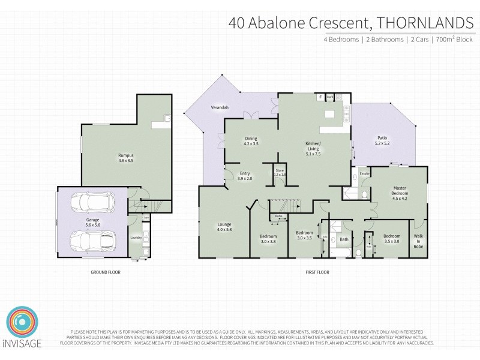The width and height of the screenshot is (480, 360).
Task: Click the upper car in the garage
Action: pyautogui.click(x=92, y=203)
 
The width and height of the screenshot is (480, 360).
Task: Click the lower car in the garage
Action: pyautogui.click(x=92, y=241)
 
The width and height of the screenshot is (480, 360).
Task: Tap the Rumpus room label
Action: pyautogui.click(x=125, y=158)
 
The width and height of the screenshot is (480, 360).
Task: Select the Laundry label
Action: pyautogui.click(x=136, y=238)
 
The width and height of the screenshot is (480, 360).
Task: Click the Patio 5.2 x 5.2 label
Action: pyautogui.click(x=382, y=140)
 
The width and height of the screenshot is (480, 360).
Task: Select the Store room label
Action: pyautogui.click(x=280, y=172)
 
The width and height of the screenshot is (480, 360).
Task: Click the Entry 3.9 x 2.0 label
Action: pyautogui.click(x=228, y=176)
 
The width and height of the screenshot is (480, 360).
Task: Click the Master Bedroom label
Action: pyautogui.click(x=400, y=193)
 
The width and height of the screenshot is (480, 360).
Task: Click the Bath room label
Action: pyautogui.click(x=344, y=239)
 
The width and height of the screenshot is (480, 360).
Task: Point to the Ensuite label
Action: pyautogui.click(x=364, y=174)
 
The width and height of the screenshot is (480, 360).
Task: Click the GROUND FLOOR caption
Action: pyautogui.click(x=100, y=272)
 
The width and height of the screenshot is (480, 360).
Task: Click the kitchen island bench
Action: pyautogui.click(x=329, y=114)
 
